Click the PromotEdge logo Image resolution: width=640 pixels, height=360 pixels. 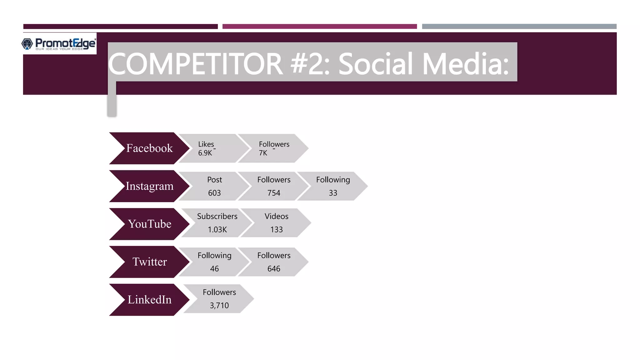coord(59,44)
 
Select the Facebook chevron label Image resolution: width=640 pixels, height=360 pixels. coord(149,148)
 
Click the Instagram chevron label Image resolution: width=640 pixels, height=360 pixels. coord(149,186)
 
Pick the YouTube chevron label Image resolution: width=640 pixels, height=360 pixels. coord(149,224)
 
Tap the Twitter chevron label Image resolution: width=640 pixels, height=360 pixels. coord(149,262)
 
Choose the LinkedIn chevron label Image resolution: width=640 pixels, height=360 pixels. coord(149,299)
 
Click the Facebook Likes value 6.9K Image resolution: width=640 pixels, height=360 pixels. coord(205,153)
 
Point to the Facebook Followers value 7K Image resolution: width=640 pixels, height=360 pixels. coord(263,153)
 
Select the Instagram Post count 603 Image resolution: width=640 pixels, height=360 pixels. coord(214,193)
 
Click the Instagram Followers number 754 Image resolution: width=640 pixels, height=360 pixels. coord(274,193)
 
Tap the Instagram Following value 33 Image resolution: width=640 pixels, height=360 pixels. coord(333,193)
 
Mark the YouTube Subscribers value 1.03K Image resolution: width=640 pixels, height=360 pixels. coord(217,229)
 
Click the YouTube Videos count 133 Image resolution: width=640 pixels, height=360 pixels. coord(276,229)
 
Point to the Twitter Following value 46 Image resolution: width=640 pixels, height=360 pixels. coord(214,268)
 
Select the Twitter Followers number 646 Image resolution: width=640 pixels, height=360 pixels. coord(274,268)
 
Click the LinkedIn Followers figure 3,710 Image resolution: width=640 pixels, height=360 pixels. coord(219,305)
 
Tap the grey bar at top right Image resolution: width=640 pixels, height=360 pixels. coord(519,27)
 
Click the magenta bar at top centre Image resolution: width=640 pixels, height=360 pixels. coord(319,27)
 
